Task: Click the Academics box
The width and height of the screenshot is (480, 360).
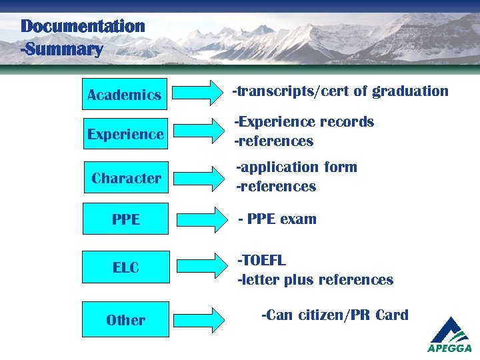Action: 124,95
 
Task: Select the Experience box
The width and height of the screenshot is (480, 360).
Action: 125,134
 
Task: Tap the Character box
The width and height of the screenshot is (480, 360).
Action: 126,178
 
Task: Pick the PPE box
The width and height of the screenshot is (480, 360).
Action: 125,219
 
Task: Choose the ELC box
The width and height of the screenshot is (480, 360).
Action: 125,267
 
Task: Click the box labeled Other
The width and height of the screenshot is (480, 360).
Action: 125,319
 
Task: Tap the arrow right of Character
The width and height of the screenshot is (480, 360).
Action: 201,178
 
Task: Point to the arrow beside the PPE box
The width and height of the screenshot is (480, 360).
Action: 201,219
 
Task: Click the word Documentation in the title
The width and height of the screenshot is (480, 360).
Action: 83,27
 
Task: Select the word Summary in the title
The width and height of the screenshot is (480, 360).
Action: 64,49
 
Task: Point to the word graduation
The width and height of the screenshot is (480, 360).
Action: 410,91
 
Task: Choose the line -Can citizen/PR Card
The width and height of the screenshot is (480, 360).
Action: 335,315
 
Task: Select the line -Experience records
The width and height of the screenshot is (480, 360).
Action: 304,121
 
